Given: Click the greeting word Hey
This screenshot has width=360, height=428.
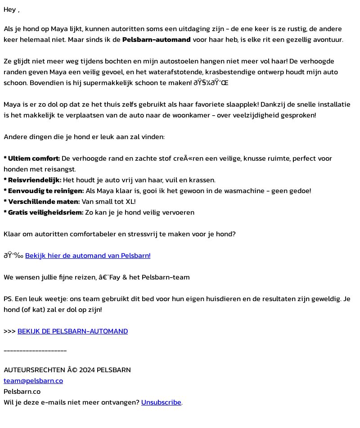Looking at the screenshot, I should [9, 9].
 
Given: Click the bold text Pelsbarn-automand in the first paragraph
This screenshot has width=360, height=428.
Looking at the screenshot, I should [156, 40].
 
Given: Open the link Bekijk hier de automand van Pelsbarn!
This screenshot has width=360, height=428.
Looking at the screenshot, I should [88, 256].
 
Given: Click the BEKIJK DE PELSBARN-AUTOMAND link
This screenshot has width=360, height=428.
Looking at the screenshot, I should [72, 331].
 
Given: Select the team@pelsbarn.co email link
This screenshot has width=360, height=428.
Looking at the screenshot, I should [33, 381].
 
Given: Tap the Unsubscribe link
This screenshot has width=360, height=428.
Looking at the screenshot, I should [161, 402].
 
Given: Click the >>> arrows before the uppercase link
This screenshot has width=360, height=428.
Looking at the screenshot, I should [9, 331].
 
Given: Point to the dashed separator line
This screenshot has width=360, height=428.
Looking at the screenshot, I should [35, 350].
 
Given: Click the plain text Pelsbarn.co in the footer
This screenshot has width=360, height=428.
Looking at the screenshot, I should [22, 392].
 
